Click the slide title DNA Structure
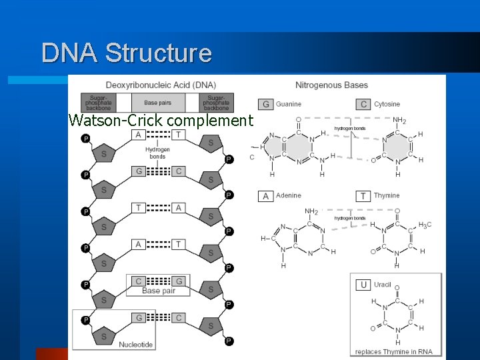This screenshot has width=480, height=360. pos(126,53)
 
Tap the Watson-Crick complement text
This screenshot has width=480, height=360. pos(161,121)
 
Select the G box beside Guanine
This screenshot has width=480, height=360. pos(266,104)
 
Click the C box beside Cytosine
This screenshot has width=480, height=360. pos(363,104)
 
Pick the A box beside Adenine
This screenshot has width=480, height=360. pos(266,196)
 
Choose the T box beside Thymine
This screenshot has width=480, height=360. pos(363,196)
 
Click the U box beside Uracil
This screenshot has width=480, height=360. pos(363,285)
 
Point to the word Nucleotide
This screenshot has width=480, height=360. pos(136,345)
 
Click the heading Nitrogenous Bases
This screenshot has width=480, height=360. pos(331,85)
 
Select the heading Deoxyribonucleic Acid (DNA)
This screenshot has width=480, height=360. pos(161,85)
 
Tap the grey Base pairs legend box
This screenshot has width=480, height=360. pos(158,103)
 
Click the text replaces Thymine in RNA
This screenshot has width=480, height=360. pos(395,351)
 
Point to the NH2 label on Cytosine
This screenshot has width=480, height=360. pos(399,121)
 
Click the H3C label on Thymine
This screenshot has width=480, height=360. pos(425,225)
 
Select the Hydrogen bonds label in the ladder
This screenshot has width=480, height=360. pos(158,153)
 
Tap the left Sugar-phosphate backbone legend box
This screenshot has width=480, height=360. pos(98,103)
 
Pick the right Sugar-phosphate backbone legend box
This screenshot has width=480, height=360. pos(216,103)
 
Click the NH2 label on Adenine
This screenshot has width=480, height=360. pos(311,212)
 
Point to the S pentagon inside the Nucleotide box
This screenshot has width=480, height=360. pos(104,337)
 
